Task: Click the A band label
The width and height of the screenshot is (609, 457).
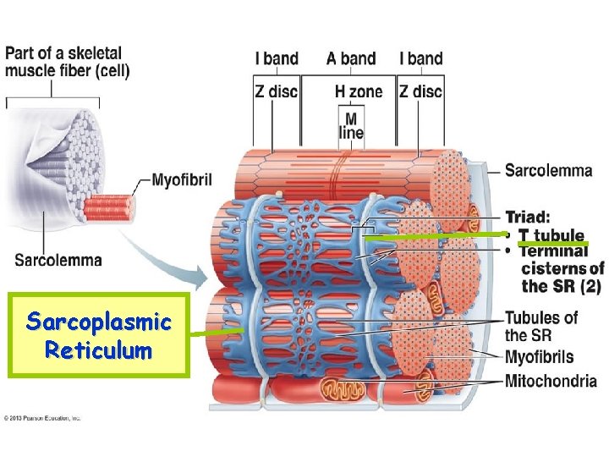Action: [350, 58]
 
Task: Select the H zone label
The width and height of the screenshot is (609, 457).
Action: [359, 91]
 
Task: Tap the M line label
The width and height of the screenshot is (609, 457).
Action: [350, 125]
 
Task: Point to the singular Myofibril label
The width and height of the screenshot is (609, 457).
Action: [182, 179]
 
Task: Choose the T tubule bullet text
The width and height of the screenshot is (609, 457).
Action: [551, 234]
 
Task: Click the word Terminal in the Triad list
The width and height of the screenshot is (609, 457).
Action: [553, 251]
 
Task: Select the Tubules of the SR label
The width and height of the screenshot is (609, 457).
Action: [541, 326]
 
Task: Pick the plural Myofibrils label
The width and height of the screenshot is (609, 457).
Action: [539, 357]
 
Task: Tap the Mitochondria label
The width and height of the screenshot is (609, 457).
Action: [551, 382]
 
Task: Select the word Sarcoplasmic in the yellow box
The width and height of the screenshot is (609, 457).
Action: [99, 322]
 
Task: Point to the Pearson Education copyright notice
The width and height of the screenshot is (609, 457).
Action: [42, 417]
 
